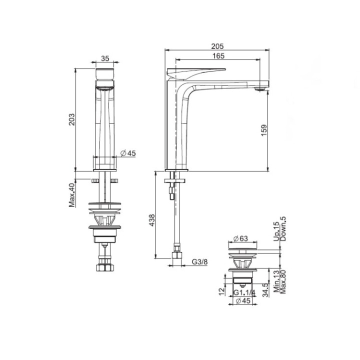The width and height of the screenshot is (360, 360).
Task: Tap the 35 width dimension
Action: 105,58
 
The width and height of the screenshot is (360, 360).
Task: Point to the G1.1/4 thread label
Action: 243,292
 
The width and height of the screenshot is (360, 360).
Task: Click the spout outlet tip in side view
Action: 259,89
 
